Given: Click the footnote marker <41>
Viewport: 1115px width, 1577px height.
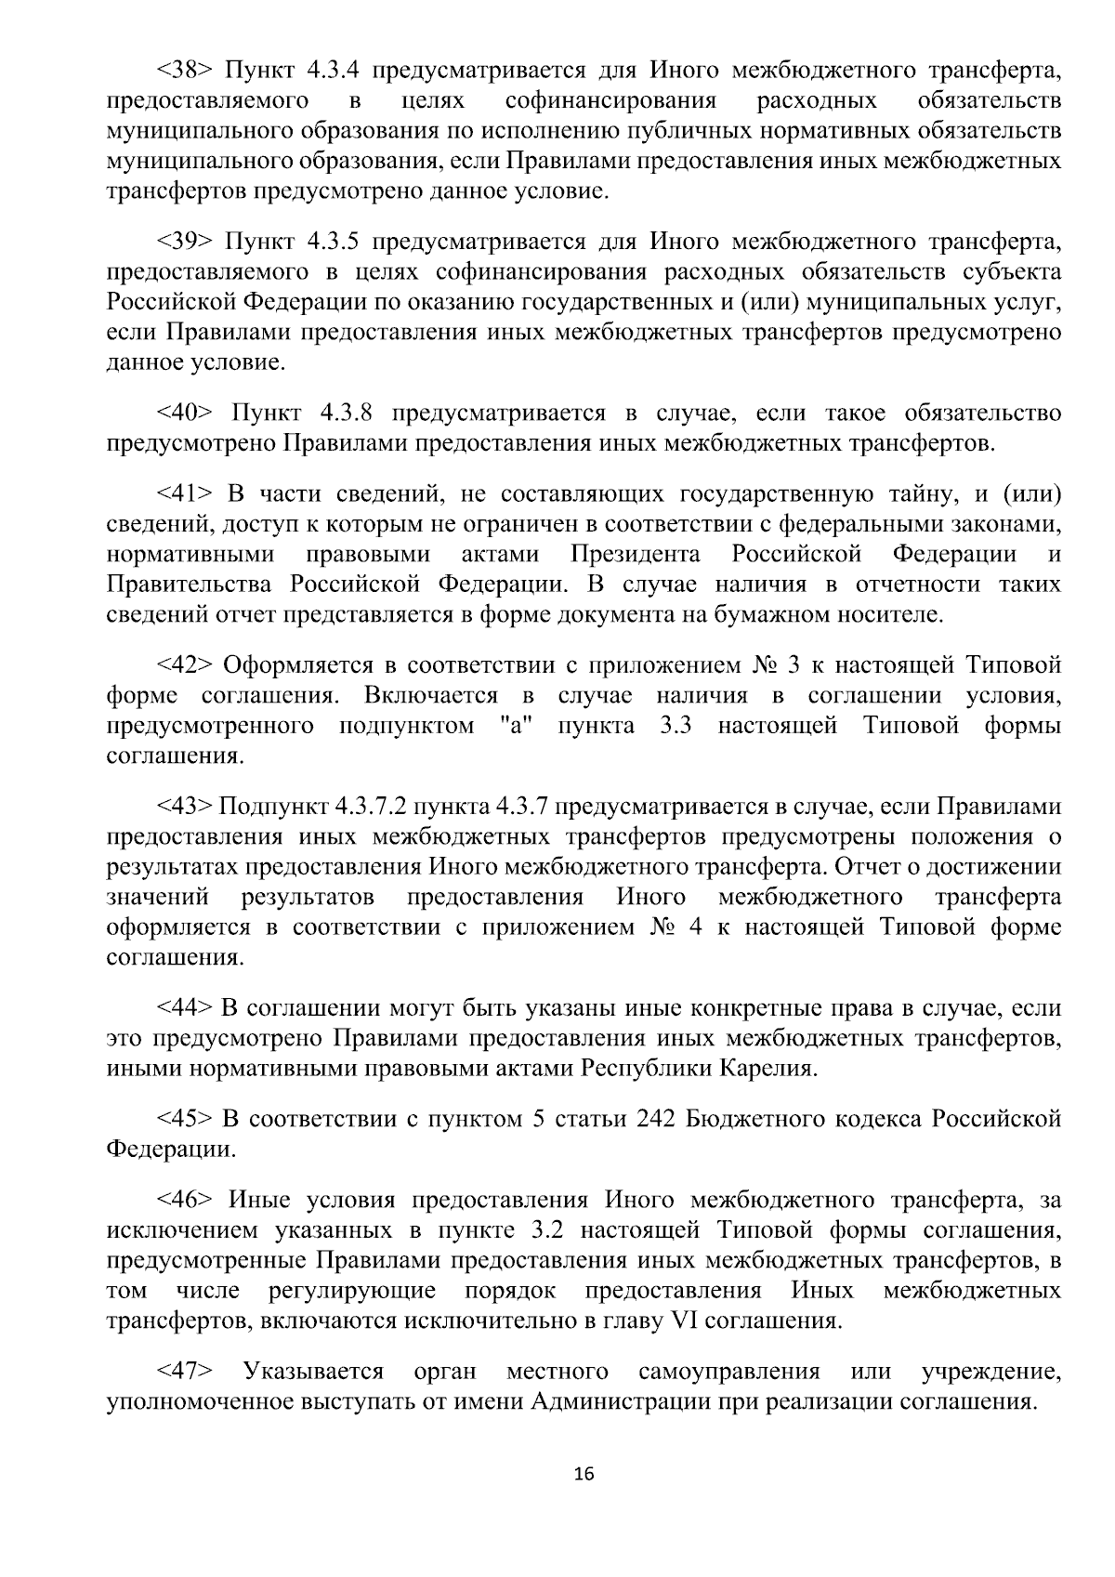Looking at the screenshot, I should pos(186,493).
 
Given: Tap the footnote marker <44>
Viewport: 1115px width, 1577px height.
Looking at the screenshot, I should pos(186,1007).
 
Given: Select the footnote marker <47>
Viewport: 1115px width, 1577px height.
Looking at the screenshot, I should pos(186,1371).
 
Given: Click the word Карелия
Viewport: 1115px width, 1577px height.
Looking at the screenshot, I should pos(768,1069).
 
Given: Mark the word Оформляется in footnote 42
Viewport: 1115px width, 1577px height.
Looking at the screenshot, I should pos(296,665).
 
